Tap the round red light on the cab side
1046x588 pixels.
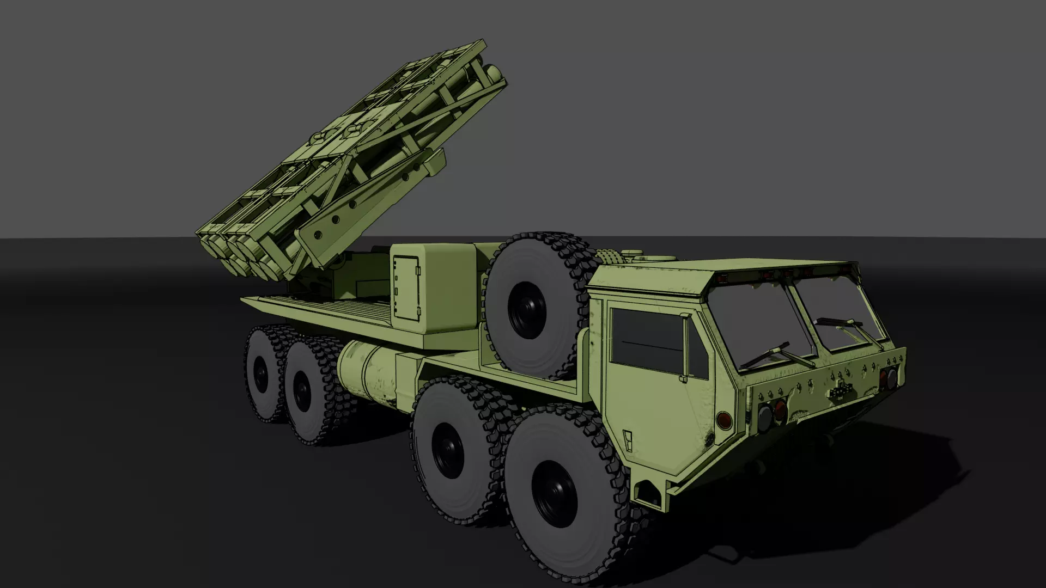[x=724, y=420]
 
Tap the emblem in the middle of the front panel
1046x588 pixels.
[x=840, y=389]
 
